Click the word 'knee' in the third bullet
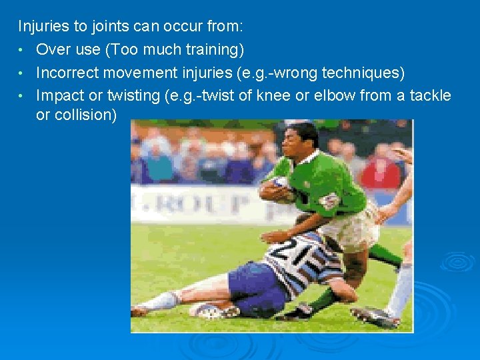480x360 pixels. coord(273,95)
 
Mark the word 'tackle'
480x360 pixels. coord(431,95)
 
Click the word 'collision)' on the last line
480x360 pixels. coord(76,115)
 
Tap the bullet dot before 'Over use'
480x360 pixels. coord(22,50)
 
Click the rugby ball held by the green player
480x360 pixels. coord(277,191)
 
